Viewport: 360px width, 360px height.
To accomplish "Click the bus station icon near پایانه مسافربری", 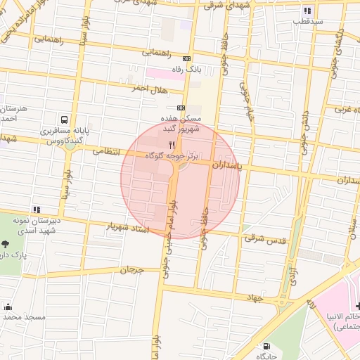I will [65, 120].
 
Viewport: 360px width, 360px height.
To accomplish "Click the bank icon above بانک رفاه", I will [186, 59].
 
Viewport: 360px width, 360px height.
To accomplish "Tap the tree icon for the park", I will [6, 243].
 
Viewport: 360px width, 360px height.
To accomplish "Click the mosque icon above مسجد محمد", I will [8, 307].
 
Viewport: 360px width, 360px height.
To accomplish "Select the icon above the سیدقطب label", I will [307, 11].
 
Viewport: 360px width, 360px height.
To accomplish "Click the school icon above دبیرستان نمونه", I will [36, 209].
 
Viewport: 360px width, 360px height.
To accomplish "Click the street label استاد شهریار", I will [129, 228].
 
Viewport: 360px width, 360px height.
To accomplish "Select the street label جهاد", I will [253, 298].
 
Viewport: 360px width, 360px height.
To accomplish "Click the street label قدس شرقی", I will [266, 239].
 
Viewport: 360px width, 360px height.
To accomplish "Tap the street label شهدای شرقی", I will [221, 4].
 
